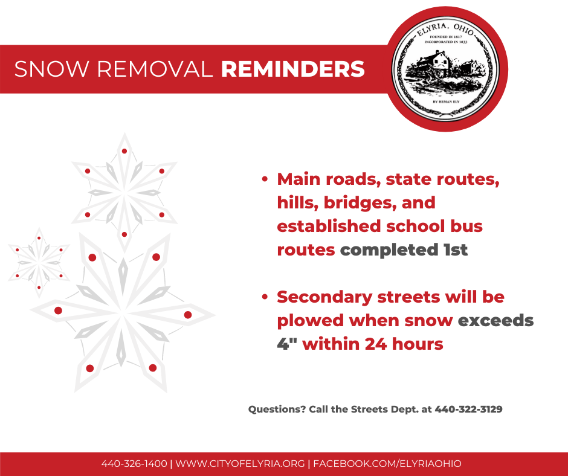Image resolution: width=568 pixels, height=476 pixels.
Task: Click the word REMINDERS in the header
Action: pos(292,69)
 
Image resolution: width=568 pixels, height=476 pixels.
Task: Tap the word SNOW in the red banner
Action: pos(52,69)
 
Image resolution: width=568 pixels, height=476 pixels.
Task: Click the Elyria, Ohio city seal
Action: pos(446,69)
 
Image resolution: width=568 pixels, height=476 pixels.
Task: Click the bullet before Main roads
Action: pos(265,179)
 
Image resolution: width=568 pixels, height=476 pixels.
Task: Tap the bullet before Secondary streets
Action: pos(265,297)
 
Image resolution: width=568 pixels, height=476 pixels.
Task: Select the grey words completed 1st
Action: pos(404,250)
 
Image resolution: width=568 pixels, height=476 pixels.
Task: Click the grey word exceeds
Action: pos(495,321)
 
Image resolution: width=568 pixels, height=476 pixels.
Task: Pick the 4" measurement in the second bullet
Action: pos(287,344)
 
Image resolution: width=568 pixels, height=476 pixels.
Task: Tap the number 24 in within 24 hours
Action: pos(376,344)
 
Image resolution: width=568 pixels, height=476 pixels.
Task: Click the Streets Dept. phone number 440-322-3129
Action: pos(468,410)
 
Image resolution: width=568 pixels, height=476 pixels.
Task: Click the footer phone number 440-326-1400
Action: pos(134,464)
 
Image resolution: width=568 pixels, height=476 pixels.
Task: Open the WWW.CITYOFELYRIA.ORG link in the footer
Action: pos(240,464)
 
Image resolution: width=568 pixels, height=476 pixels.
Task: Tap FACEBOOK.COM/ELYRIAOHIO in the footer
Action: pos(387,464)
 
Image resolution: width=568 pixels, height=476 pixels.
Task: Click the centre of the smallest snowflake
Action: pos(39,262)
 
